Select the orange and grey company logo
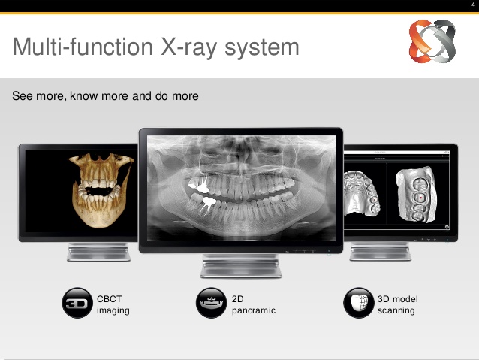[x=432, y=41]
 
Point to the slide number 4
[x=473, y=5]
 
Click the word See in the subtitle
[x=23, y=96]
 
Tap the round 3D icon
[x=77, y=303]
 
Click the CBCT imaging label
[x=113, y=304]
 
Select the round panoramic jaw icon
[x=211, y=303]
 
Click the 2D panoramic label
[x=254, y=304]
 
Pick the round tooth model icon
[x=359, y=303]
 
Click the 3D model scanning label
[x=398, y=304]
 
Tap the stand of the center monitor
[x=241, y=266]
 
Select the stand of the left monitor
[x=98, y=252]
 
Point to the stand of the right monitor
[x=381, y=252]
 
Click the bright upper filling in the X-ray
[x=199, y=184]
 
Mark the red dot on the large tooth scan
[x=421, y=198]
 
